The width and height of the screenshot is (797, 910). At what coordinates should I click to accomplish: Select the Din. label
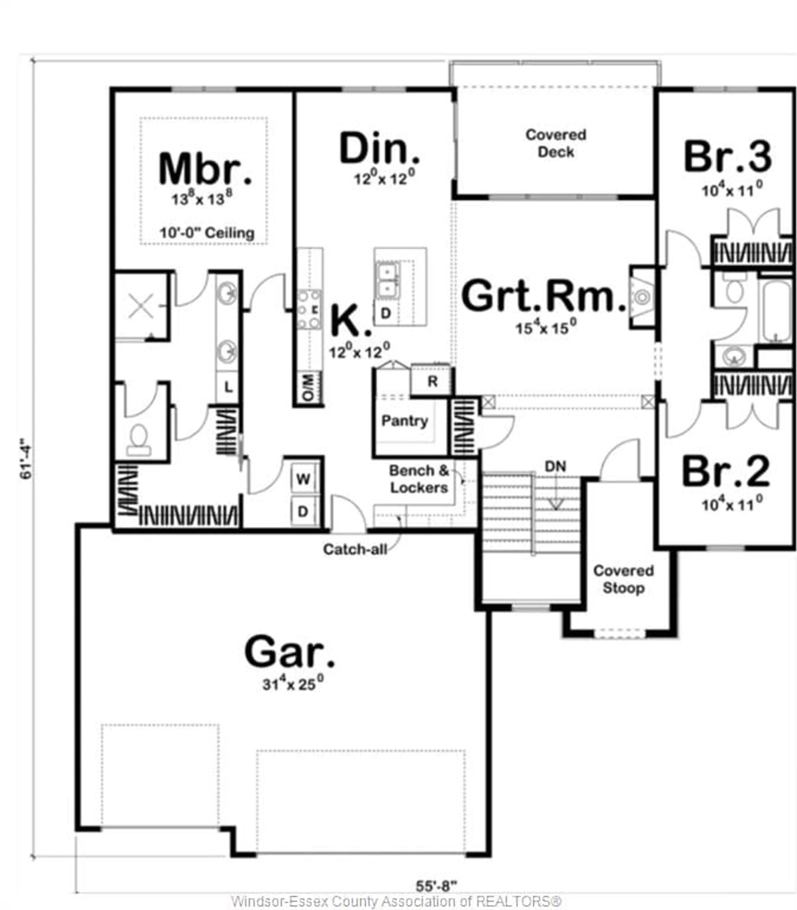coord(379,148)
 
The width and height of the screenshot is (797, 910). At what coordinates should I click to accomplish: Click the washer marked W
coord(303,479)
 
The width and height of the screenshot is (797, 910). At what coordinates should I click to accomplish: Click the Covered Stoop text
coord(623,579)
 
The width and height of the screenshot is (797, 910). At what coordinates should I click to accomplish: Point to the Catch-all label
coord(355,549)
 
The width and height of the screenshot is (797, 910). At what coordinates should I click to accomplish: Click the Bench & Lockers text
coord(419,479)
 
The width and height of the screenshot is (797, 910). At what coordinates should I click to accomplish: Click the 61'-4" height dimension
coord(27,461)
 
